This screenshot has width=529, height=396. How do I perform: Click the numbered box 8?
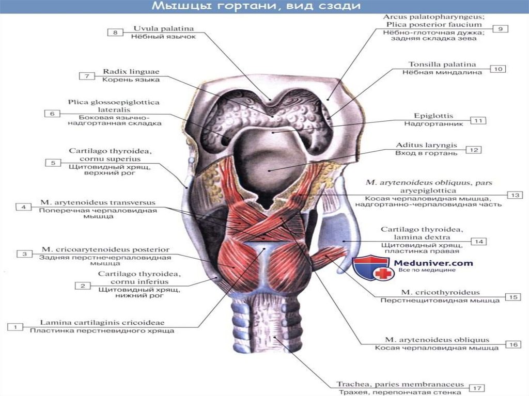pyautogui.click(x=115, y=33)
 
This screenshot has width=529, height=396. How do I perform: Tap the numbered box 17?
pyautogui.click(x=477, y=388)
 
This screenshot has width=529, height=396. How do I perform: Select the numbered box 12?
pyautogui.click(x=474, y=150)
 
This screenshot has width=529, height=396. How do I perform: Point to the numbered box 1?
pyautogui.click(x=15, y=327)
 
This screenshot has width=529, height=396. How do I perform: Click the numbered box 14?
pyautogui.click(x=479, y=241)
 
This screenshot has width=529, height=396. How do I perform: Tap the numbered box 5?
pyautogui.click(x=53, y=163)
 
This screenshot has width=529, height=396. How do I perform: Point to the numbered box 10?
pyautogui.click(x=497, y=68)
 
